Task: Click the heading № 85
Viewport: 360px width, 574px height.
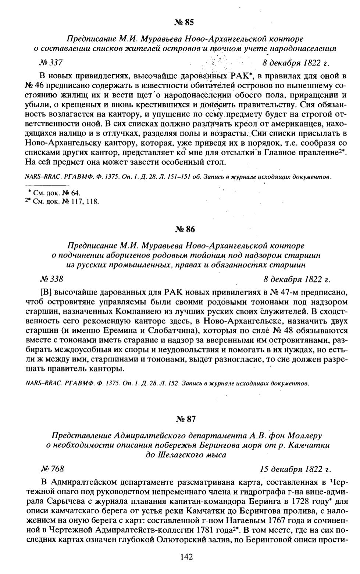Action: tap(184, 23)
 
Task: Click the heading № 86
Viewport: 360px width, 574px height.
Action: tap(185, 229)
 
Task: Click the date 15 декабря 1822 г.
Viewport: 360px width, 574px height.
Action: tap(295, 469)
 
